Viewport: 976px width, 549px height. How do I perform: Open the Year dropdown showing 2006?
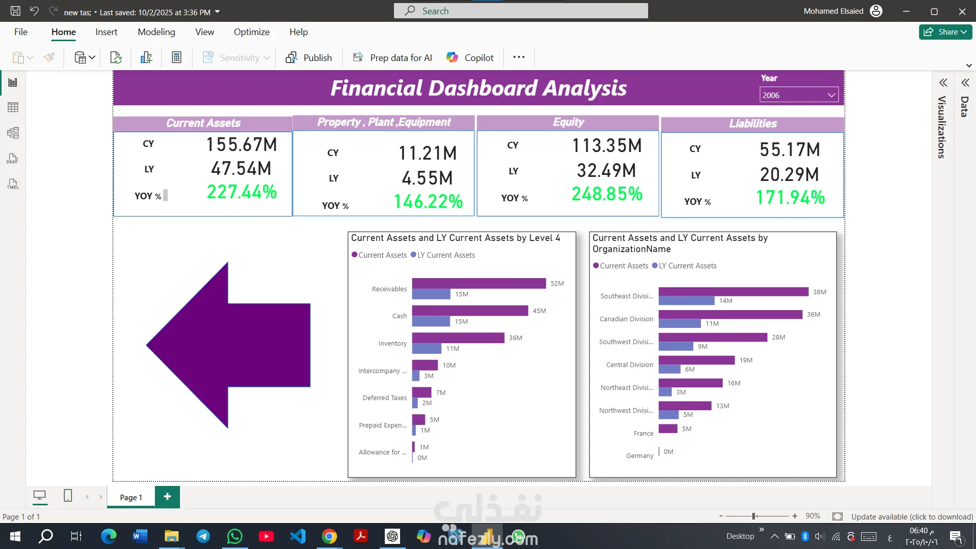tap(799, 95)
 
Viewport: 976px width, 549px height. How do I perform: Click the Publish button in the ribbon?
tap(309, 57)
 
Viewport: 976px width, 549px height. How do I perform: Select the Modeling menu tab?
tap(156, 32)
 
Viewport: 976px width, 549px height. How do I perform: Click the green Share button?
tap(945, 32)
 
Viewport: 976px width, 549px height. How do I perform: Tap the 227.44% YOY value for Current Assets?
tap(241, 192)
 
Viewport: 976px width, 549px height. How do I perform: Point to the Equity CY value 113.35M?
tap(607, 146)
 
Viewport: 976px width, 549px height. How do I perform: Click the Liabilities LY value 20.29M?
tap(789, 175)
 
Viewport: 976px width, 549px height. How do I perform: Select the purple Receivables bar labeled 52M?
tap(478, 283)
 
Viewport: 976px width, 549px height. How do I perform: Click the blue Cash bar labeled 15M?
tap(431, 321)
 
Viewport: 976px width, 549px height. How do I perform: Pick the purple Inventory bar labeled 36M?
tap(457, 338)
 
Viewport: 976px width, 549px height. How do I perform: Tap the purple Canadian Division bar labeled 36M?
tap(730, 315)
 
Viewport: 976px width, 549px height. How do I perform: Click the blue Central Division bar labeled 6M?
tap(669, 369)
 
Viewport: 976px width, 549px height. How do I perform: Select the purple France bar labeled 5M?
tap(667, 429)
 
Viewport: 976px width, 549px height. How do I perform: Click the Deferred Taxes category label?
tap(384, 398)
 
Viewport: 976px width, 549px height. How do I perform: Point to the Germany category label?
tap(639, 456)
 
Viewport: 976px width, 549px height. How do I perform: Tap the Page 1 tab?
tap(131, 497)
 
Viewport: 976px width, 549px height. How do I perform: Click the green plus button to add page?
tap(167, 497)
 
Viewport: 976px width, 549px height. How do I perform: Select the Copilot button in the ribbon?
tap(470, 57)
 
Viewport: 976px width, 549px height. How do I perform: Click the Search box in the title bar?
tap(521, 11)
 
